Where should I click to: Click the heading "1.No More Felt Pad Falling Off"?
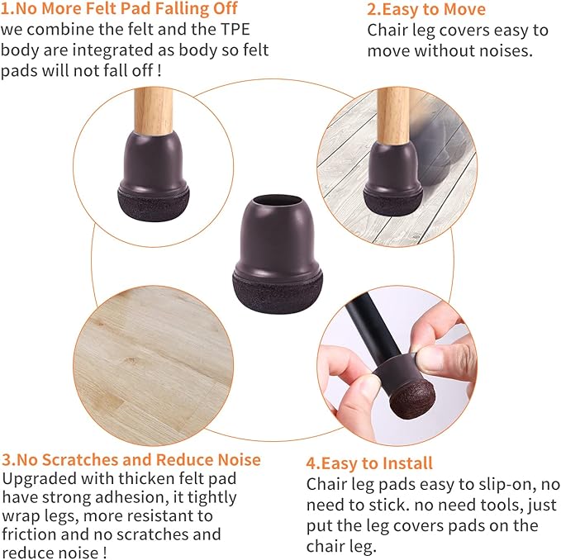click(120, 9)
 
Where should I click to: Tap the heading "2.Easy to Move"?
click(426, 10)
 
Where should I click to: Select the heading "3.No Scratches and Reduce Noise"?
click(131, 459)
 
